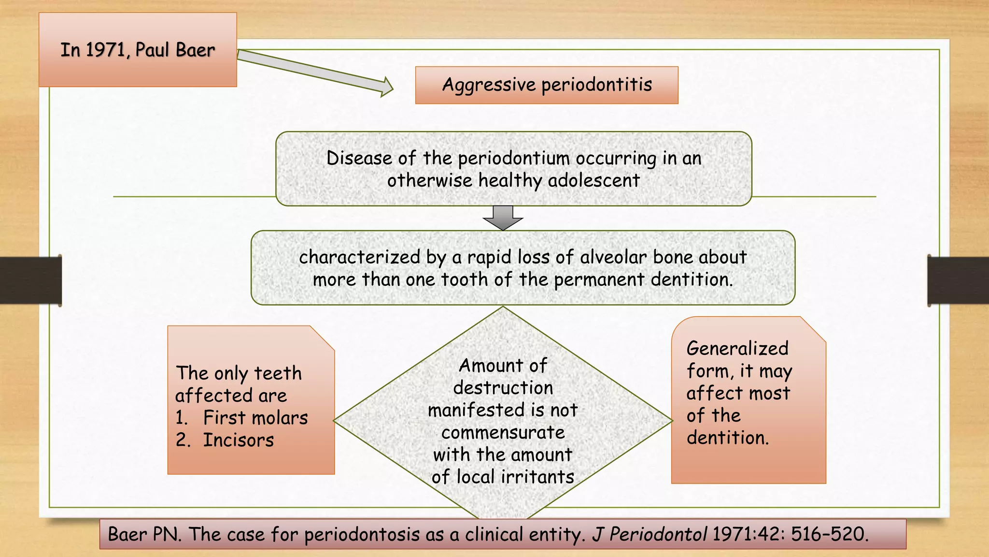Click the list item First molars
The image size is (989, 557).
255,418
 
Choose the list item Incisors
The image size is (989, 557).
238,440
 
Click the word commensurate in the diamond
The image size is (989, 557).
503,433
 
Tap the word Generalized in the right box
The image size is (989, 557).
737,349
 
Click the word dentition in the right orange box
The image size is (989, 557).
727,438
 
